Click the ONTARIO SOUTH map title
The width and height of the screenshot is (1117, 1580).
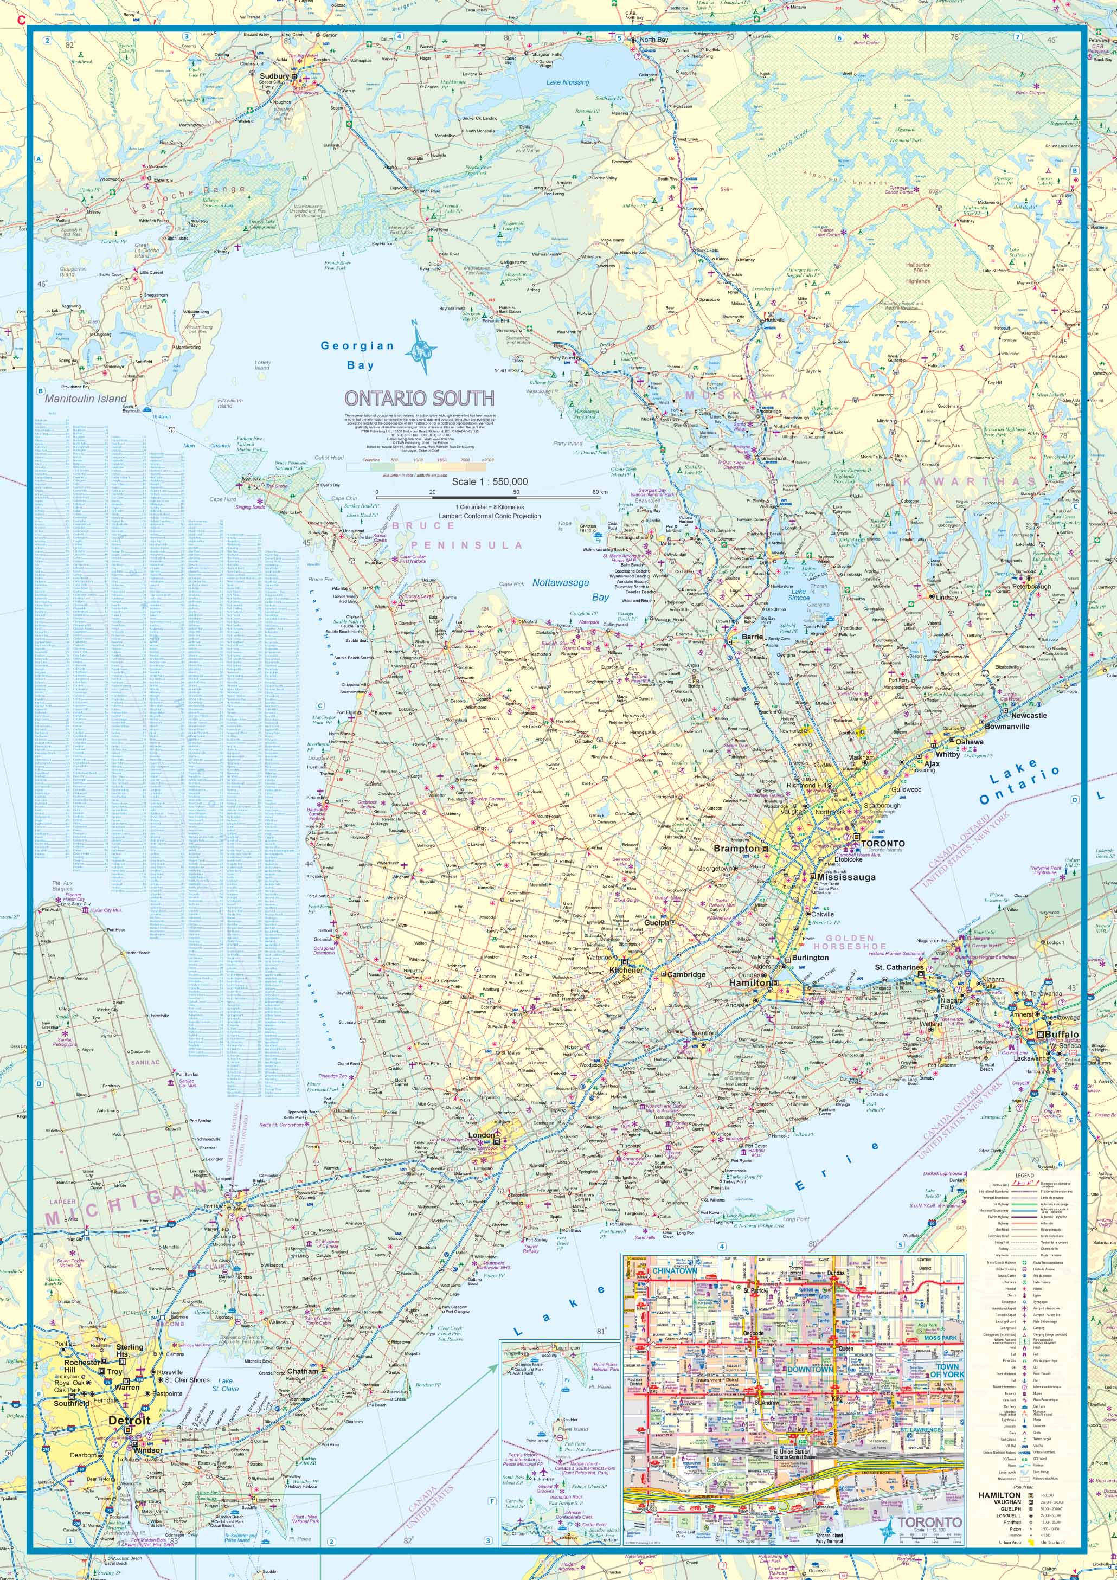click(419, 399)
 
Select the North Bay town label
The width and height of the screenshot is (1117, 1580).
click(654, 40)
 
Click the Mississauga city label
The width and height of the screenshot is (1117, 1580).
click(846, 877)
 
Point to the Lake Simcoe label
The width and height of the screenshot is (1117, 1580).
click(798, 594)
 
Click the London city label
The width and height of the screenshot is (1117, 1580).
click(481, 1135)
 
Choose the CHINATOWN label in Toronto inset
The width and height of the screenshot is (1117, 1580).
click(675, 1271)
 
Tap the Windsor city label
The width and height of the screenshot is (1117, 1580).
click(148, 1450)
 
